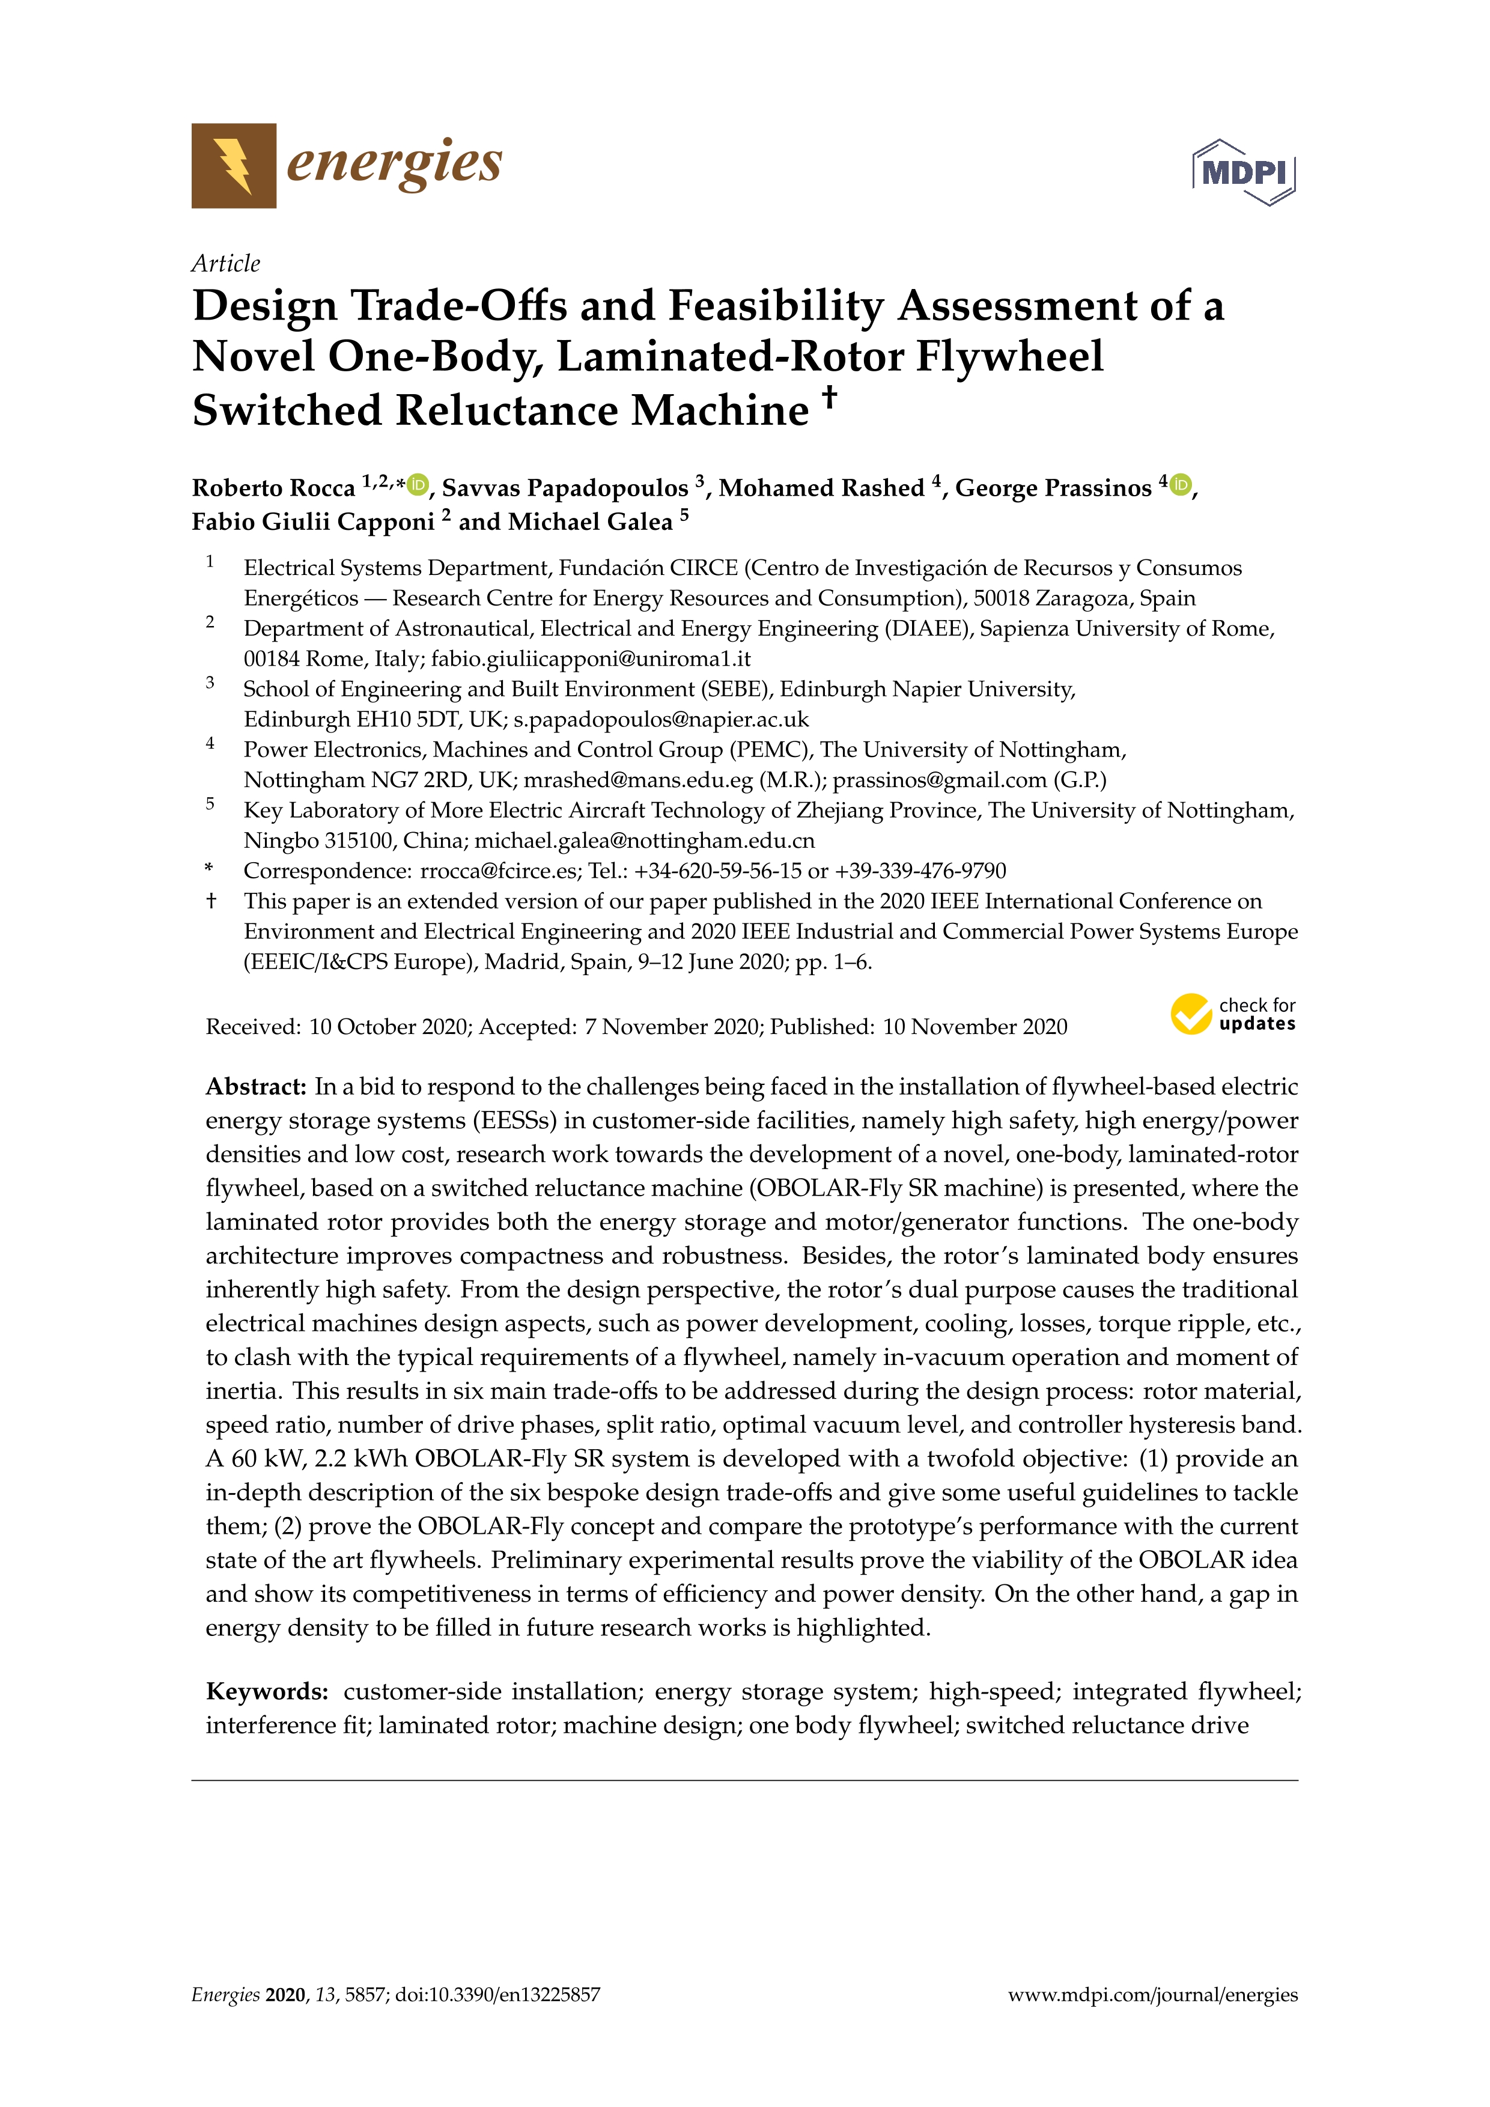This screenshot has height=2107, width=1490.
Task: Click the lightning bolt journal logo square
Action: [x=233, y=165]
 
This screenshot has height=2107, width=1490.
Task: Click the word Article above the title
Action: [x=226, y=263]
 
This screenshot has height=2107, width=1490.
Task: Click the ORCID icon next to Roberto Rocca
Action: [x=418, y=484]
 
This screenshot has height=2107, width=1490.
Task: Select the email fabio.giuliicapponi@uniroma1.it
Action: [x=591, y=659]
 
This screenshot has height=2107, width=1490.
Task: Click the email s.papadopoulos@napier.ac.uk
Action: [x=661, y=720]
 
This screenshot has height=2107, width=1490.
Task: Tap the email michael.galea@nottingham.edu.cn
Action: [x=644, y=841]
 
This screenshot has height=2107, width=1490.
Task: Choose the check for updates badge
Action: [x=1232, y=1014]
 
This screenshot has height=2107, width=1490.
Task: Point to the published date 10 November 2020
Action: [x=975, y=1027]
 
